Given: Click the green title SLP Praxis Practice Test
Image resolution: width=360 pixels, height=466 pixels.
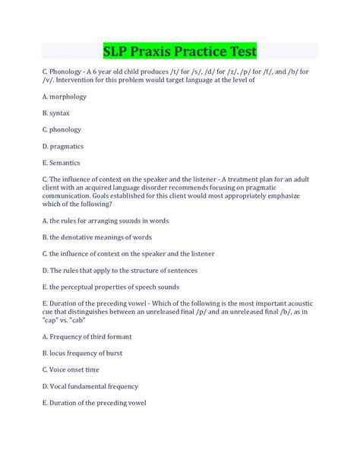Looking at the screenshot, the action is [x=179, y=51].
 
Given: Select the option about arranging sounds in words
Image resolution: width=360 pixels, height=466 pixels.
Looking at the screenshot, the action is [x=106, y=220].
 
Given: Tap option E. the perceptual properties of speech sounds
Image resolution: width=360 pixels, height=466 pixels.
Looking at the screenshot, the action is [x=111, y=287].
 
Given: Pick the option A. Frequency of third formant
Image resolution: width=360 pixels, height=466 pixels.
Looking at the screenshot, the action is [x=87, y=336].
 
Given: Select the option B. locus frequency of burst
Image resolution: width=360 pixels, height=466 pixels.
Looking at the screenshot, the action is [x=83, y=353].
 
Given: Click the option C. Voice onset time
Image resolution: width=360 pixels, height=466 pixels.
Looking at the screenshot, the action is [x=71, y=369].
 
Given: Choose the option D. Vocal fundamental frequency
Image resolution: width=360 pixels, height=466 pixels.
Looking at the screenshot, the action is [x=90, y=386].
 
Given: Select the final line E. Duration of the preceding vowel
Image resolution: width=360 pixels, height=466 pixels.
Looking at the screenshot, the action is [x=94, y=402].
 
